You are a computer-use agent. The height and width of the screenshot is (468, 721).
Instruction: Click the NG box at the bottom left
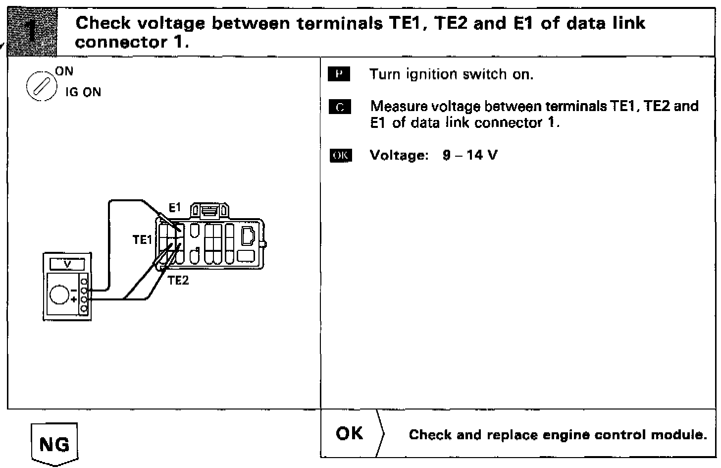(x=54, y=444)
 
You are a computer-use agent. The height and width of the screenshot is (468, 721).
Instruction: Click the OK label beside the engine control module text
(x=349, y=434)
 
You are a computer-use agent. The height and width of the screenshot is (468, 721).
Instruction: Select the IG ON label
(x=83, y=93)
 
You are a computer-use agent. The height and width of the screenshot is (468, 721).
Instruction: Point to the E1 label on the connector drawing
(x=175, y=208)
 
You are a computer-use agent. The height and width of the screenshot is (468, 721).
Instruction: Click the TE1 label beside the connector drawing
(x=142, y=240)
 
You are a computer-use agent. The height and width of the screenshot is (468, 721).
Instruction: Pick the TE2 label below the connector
(x=178, y=281)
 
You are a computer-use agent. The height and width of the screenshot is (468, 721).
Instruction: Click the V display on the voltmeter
(x=67, y=264)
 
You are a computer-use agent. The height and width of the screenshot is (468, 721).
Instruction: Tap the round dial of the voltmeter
(x=60, y=294)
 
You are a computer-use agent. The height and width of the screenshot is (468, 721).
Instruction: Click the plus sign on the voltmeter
(x=74, y=299)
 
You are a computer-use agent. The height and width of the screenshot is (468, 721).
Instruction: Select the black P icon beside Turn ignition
(x=339, y=75)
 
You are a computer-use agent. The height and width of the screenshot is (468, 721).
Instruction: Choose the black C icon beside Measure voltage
(x=339, y=107)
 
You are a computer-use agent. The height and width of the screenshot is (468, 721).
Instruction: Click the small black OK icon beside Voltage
(x=340, y=156)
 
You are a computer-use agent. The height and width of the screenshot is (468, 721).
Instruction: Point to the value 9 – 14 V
(x=470, y=155)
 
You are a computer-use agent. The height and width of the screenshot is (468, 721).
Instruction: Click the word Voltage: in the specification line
(x=399, y=155)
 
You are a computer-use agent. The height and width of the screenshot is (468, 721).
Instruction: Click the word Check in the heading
(x=103, y=23)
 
